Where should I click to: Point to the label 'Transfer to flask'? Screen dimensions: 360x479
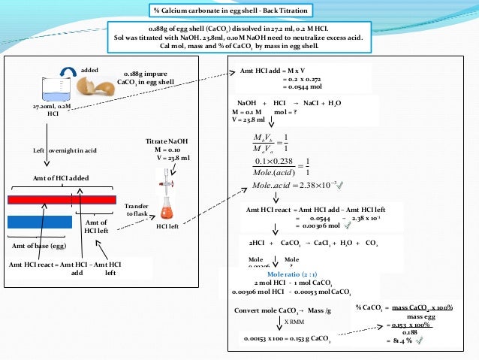(136, 209)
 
